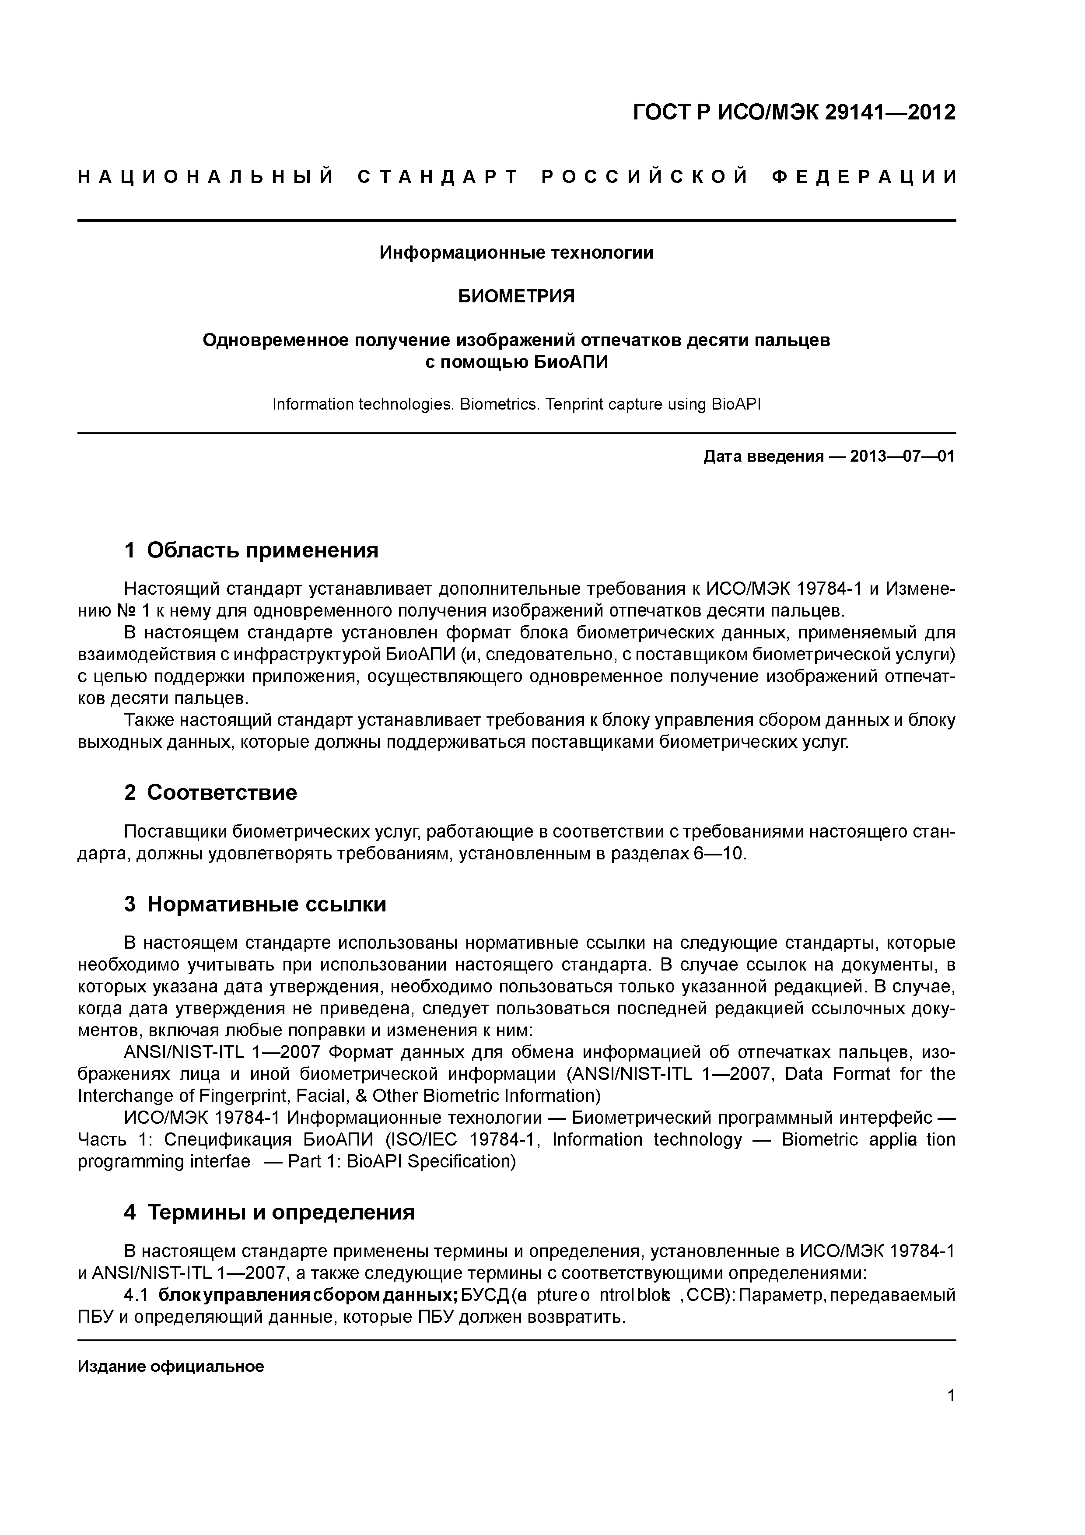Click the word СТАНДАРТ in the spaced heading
pos(438,177)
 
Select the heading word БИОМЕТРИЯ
pos(516,296)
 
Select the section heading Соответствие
pos(222,793)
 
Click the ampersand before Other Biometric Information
pos(360,1096)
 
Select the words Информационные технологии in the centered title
pos(516,253)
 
